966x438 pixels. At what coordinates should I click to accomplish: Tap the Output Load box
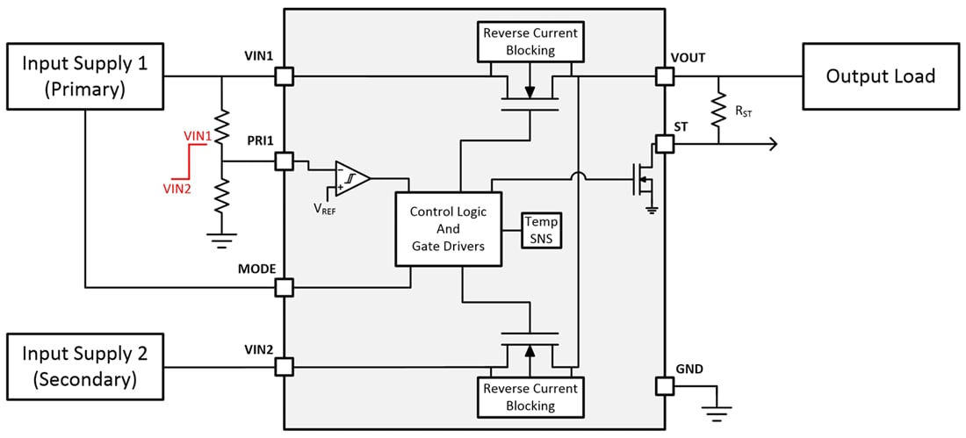[880, 76]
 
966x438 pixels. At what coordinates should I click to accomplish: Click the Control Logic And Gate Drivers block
[447, 229]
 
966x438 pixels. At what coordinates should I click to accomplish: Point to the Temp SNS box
[540, 230]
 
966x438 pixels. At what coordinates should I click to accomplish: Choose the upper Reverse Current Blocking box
[530, 42]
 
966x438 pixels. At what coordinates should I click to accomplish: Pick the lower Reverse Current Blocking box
[530, 397]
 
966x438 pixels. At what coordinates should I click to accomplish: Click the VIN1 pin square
[284, 76]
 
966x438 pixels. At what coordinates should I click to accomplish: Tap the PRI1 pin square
[284, 162]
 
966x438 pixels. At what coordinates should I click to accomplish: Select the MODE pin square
[284, 287]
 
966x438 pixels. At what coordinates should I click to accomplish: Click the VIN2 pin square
[284, 367]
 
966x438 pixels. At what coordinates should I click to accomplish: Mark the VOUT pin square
[665, 76]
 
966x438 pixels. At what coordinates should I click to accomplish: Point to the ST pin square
[665, 144]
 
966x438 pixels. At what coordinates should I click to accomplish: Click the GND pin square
[665, 385]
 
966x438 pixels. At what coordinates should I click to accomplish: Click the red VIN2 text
[177, 187]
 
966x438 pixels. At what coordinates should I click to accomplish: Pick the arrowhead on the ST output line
[772, 144]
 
